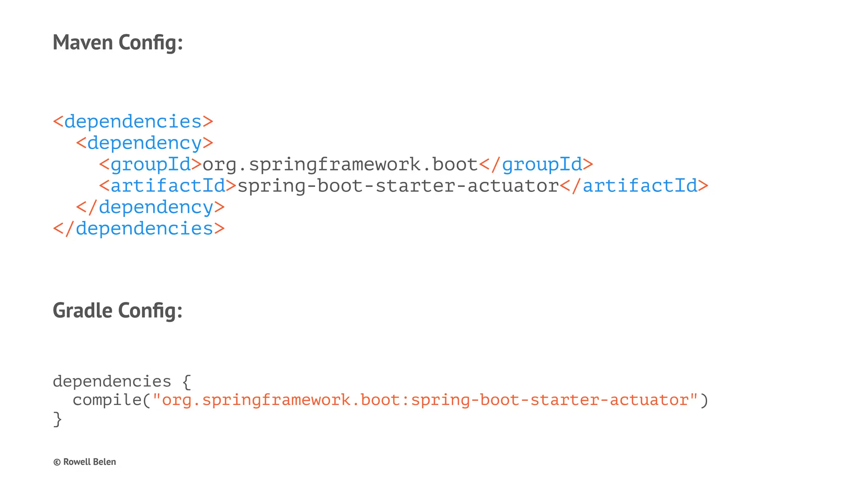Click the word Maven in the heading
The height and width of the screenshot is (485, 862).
pos(83,43)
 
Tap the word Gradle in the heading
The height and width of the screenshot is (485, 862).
pos(82,310)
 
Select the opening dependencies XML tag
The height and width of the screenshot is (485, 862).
pos(133,122)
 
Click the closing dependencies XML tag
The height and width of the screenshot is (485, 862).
pos(139,229)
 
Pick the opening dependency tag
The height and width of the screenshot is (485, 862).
pos(145,143)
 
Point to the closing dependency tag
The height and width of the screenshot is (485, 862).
pos(150,207)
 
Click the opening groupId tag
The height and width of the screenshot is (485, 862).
pos(151,164)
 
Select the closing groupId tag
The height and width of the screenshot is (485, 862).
pos(536,164)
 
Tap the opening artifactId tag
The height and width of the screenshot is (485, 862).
pos(168,186)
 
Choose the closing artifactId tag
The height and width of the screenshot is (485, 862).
pos(634,186)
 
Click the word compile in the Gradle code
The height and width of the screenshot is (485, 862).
pos(107,400)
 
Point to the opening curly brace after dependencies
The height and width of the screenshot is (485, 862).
pos(187,381)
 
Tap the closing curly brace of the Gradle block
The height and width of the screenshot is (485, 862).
pos(57,419)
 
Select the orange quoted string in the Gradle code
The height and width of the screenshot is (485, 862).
pos(425,400)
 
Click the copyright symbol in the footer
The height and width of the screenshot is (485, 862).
pos(57,462)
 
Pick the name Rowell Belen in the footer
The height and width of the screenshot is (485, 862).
pos(90,462)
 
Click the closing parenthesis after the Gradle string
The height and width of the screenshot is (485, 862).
pos(704,400)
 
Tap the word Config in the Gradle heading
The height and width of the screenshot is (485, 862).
pos(150,310)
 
